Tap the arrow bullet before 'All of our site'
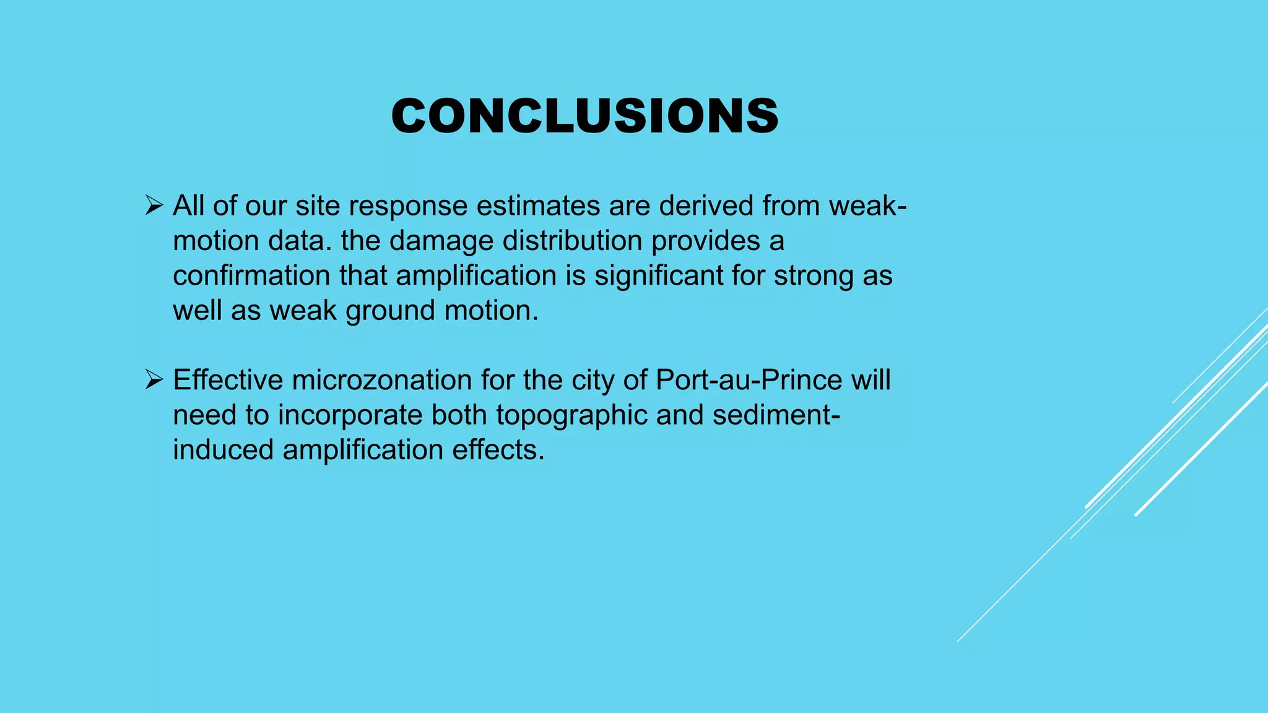coord(154,205)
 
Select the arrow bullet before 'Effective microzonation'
coord(154,379)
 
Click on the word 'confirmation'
coord(251,275)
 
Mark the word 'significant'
coord(659,276)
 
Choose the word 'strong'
coord(814,276)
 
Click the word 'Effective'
coord(228,380)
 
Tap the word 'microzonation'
coord(382,380)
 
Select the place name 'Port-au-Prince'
coord(749,380)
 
